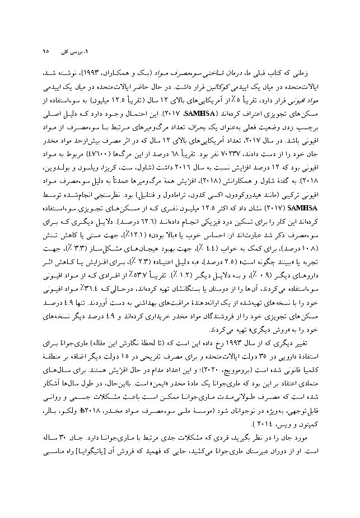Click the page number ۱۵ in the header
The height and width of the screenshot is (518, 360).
coord(46,51)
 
